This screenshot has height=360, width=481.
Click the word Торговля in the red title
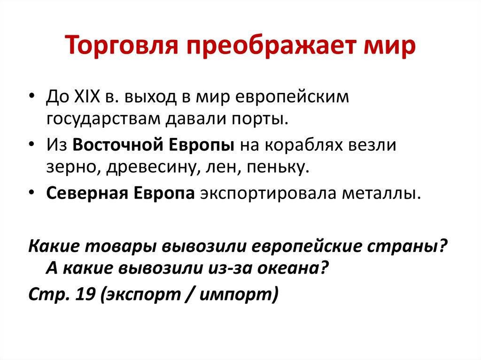point(122,46)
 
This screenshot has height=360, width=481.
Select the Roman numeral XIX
point(87,97)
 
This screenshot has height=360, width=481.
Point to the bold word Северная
point(87,193)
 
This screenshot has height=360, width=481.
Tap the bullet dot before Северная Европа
point(31,192)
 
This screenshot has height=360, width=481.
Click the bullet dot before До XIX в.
point(31,96)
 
